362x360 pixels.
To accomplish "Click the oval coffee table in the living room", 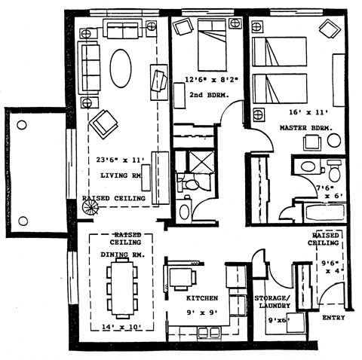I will click(x=121, y=69).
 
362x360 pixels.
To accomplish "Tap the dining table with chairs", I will click(x=121, y=288).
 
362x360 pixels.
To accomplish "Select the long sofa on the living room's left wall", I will click(x=90, y=69).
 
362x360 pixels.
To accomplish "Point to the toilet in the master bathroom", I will click(x=333, y=172).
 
